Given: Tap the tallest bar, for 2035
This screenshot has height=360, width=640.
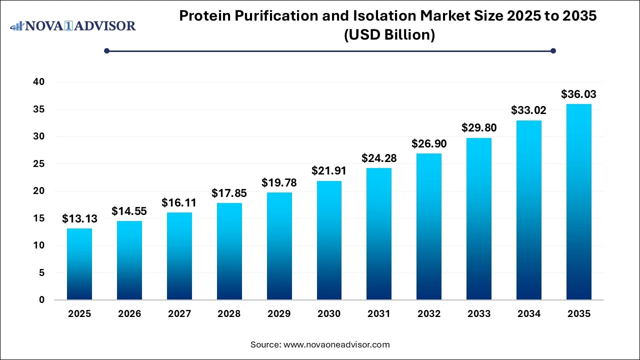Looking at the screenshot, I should (579, 202).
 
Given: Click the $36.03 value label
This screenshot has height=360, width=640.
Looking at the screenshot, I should (579, 94).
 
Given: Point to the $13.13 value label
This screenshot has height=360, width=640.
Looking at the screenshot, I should (79, 218).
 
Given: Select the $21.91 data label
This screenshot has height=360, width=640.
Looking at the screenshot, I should (329, 170).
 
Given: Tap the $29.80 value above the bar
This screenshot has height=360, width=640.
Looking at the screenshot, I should (479, 127).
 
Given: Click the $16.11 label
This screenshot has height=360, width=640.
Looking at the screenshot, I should (179, 202).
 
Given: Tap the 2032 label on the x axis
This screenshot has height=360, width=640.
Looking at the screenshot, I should (429, 314).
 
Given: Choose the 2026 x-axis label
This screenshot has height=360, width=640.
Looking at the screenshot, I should (129, 314).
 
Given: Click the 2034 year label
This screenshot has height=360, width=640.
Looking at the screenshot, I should (529, 314).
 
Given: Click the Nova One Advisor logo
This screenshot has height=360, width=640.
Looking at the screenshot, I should (73, 25).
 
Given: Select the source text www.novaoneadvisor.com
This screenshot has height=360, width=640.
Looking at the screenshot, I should (336, 344).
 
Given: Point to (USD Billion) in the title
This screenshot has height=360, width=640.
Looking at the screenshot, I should (388, 35).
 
